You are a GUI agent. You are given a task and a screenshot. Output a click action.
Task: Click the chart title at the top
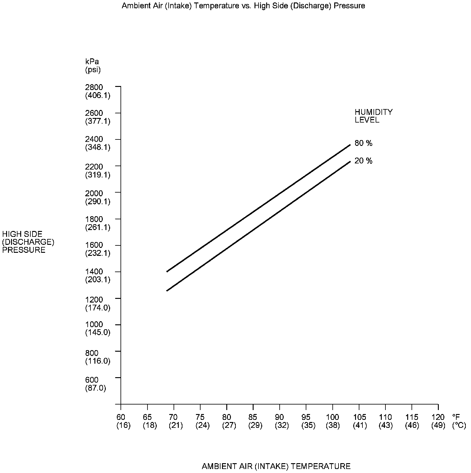pyautogui.click(x=243, y=6)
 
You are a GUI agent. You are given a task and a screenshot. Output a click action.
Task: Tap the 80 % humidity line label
pyautogui.click(x=363, y=143)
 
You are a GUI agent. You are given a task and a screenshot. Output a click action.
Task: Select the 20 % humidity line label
pyautogui.click(x=363, y=161)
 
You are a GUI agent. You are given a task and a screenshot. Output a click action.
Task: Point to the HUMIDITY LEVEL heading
pyautogui.click(x=373, y=116)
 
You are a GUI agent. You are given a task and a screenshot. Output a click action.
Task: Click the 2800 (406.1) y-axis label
pyautogui.click(x=98, y=91)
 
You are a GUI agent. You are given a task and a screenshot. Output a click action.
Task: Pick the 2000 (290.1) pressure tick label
pyautogui.click(x=98, y=197)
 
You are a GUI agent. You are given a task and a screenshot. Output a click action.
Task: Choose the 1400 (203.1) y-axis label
pyautogui.click(x=98, y=276)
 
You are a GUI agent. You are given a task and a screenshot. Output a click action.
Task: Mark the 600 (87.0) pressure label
pyautogui.click(x=95, y=384)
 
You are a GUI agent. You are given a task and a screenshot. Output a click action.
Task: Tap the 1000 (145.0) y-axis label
pyautogui.click(x=98, y=328)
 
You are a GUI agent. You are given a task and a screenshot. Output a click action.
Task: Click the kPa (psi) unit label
pyautogui.click(x=93, y=65)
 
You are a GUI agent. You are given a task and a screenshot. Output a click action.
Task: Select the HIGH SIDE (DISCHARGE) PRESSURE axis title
pyautogui.click(x=28, y=242)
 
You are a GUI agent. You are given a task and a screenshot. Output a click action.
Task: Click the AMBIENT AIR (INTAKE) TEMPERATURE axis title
pyautogui.click(x=276, y=466)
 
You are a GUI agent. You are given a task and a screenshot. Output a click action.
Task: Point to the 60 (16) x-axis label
pyautogui.click(x=123, y=421)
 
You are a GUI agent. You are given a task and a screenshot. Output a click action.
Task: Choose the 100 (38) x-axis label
pyautogui.click(x=332, y=421)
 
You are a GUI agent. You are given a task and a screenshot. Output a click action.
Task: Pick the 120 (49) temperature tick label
pyautogui.click(x=438, y=421)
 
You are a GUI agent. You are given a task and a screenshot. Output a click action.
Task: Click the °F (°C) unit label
pyautogui.click(x=459, y=421)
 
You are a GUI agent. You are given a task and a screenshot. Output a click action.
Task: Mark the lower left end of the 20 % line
pyautogui.click(x=167, y=290)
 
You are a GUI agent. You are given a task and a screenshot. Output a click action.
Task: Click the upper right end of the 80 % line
pyautogui.click(x=350, y=145)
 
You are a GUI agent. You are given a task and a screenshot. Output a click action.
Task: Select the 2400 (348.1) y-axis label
pyautogui.click(x=98, y=143)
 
